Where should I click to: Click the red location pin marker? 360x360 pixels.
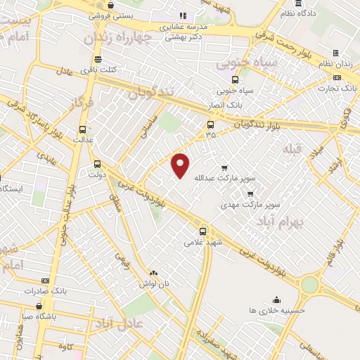click(x=181, y=165)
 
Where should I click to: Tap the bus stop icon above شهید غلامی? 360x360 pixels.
click(x=203, y=231)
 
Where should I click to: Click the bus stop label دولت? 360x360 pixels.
click(x=97, y=174)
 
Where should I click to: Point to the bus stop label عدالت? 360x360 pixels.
click(x=84, y=139)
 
